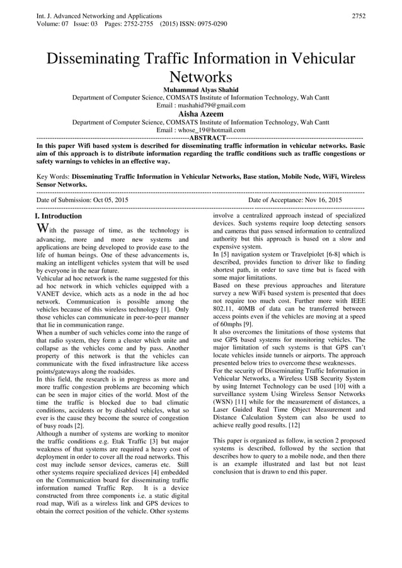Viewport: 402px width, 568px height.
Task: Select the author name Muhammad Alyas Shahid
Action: [200, 89]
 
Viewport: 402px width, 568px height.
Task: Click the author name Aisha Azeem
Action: [200, 114]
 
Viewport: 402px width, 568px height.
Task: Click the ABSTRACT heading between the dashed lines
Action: [207, 138]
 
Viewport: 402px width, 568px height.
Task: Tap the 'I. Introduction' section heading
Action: [59, 216]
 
